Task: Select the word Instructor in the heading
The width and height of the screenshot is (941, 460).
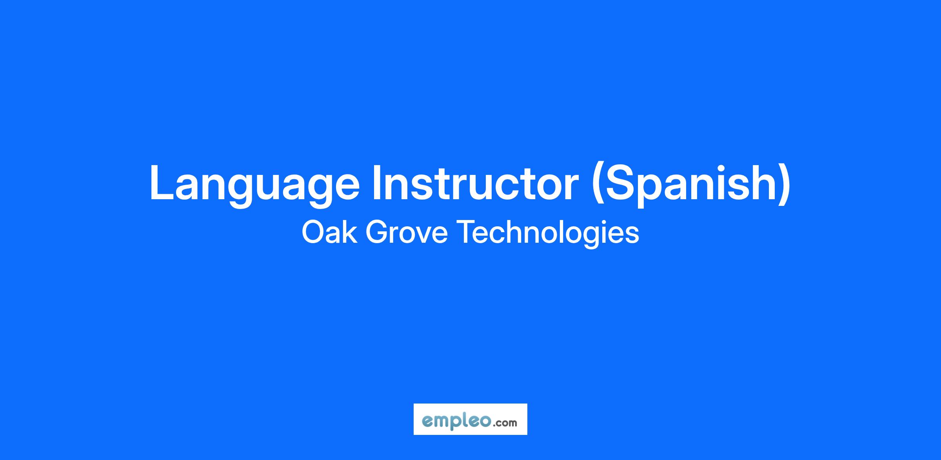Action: pyautogui.click(x=475, y=182)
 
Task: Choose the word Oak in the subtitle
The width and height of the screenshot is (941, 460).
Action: pyautogui.click(x=329, y=232)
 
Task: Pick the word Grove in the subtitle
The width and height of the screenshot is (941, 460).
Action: pyautogui.click(x=407, y=232)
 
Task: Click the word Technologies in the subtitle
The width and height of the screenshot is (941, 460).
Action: pyautogui.click(x=548, y=234)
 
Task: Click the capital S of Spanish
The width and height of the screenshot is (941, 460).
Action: pyautogui.click(x=619, y=183)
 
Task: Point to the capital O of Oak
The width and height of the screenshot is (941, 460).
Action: pyautogui.click(x=314, y=233)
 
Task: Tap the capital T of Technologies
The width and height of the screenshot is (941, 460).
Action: pyautogui.click(x=467, y=232)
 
